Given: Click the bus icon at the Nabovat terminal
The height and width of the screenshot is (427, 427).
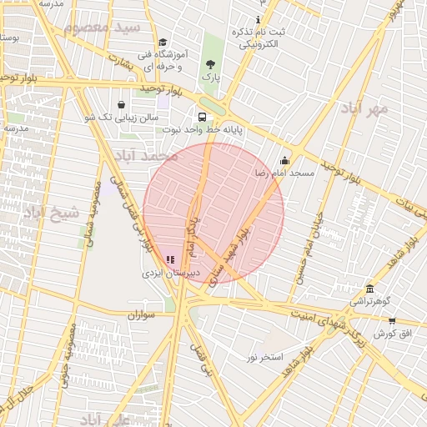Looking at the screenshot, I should click(203, 118).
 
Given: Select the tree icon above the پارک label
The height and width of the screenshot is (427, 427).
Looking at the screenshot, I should click(209, 63).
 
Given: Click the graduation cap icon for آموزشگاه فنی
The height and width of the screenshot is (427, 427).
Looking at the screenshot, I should click(163, 43).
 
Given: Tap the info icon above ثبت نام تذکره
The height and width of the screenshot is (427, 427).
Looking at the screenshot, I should click(259, 19).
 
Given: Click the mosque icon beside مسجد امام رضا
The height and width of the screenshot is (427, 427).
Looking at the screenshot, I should click(284, 161).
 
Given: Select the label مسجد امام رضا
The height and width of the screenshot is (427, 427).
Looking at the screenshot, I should click(284, 173).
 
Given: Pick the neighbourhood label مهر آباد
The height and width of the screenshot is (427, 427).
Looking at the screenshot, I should click(364, 108).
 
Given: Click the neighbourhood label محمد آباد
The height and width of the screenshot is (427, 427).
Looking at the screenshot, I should click(147, 155).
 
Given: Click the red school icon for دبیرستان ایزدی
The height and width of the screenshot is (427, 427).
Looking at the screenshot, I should click(170, 260).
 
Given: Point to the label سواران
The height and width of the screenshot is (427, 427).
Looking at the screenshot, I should click(143, 316).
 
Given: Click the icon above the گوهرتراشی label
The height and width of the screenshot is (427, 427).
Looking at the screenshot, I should click(369, 288).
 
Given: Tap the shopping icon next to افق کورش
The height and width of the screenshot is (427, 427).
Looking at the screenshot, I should click(392, 321).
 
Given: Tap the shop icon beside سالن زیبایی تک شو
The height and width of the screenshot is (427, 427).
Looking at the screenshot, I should click(123, 105).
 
